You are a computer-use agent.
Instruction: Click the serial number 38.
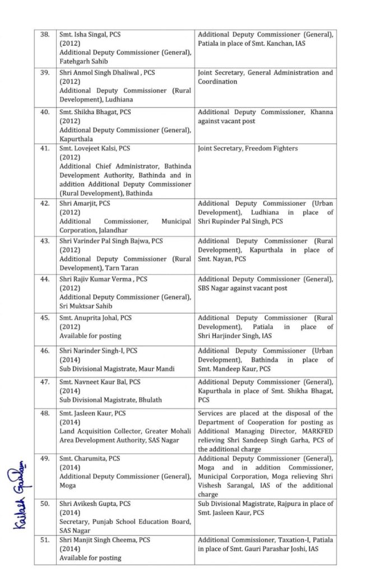click(45, 35)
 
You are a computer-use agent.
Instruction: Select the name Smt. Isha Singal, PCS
click(90, 35)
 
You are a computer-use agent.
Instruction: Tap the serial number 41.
click(45, 148)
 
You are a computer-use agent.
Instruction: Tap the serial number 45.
click(45, 318)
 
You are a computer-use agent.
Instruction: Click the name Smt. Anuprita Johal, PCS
click(96, 318)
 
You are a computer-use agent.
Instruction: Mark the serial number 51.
click(45, 540)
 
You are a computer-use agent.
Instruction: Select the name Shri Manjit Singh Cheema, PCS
click(105, 540)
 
